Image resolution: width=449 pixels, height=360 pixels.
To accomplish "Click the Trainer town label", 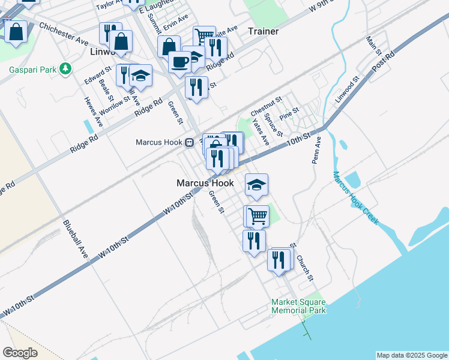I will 263,31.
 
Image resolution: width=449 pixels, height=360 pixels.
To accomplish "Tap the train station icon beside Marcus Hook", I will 188,143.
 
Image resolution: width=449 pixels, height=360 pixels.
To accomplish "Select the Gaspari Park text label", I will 32,70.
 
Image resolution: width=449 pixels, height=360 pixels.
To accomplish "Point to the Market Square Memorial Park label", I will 298,306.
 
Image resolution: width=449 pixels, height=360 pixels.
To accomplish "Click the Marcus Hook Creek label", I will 355,198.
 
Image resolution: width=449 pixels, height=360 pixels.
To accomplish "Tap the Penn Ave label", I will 316,153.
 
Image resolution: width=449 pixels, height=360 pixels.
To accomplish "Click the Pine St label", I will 289,113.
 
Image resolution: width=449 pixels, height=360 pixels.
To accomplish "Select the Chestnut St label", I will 267,107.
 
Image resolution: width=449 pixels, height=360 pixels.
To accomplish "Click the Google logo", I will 20,353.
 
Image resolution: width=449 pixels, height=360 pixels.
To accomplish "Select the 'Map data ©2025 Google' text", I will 412,355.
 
